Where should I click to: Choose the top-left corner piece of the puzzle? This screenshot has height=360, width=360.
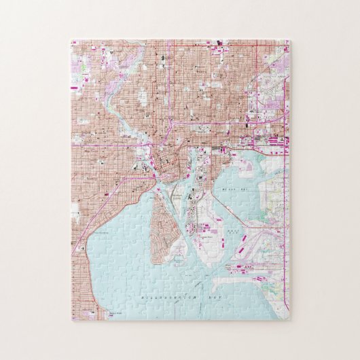[x=80, y=49]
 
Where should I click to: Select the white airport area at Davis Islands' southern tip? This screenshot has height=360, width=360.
[x=178, y=255]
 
